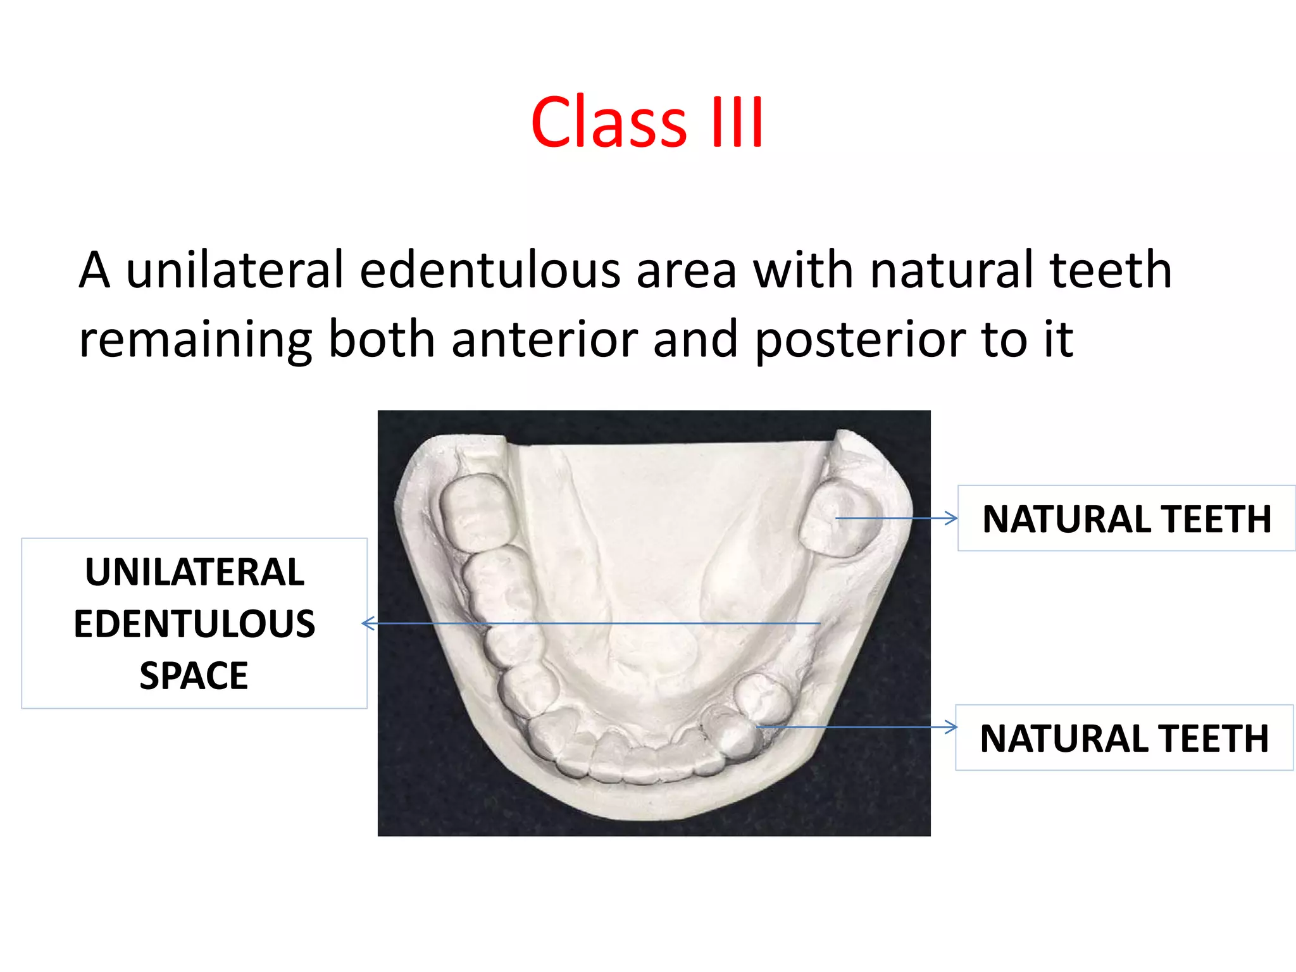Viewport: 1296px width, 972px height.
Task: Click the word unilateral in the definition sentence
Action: coord(235,270)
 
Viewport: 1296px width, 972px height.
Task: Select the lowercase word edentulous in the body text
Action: coord(490,270)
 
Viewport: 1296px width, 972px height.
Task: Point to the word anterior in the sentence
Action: coord(544,339)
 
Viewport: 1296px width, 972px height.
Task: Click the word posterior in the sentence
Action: coord(860,340)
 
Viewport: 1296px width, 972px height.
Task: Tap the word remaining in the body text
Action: coord(195,340)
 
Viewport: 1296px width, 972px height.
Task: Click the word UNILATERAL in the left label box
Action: coord(194,572)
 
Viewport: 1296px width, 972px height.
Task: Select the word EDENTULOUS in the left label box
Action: coord(194,624)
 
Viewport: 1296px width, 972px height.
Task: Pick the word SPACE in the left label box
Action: coord(194,676)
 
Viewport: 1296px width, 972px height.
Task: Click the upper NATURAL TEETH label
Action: coord(1126,520)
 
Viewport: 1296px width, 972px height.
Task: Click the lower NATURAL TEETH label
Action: coord(1124,738)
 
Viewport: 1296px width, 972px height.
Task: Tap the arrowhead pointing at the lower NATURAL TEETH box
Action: coord(951,727)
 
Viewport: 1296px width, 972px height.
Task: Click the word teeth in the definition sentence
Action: coord(1111,270)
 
